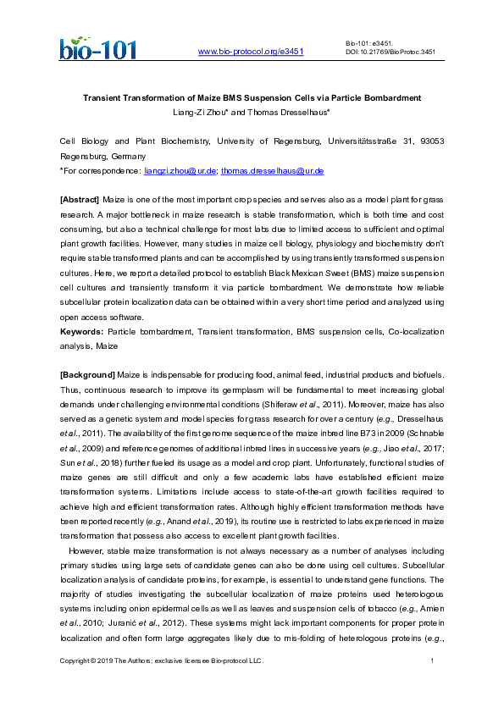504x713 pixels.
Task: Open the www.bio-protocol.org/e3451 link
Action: tap(250, 52)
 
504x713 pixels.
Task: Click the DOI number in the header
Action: tap(390, 51)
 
